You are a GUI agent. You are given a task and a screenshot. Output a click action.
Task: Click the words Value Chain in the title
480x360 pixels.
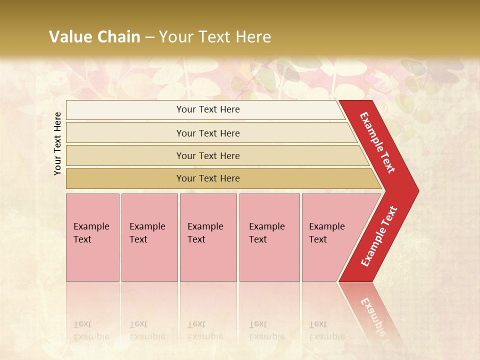[94, 37]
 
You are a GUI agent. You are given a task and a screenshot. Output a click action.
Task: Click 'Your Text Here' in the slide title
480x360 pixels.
[215, 37]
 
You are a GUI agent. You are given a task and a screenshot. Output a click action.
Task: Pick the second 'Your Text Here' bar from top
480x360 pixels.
[208, 133]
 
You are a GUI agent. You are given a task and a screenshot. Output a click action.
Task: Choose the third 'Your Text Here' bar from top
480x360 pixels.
[208, 155]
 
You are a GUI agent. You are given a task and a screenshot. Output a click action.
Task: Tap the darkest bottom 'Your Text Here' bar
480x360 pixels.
[208, 178]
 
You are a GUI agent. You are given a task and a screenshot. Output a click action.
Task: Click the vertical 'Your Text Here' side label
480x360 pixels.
[58, 143]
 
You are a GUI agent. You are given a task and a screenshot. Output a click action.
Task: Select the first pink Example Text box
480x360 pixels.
[92, 237]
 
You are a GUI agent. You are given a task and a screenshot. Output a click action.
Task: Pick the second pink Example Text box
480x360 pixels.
[149, 237]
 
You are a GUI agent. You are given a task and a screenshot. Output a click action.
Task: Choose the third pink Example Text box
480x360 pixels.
[208, 237]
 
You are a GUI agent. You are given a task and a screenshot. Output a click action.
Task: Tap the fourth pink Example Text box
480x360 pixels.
[269, 237]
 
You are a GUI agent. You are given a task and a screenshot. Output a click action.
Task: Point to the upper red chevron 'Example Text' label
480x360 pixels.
[378, 142]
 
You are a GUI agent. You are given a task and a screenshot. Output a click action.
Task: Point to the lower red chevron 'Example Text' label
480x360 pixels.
[379, 236]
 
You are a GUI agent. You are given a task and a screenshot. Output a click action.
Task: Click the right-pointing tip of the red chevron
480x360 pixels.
[416, 190]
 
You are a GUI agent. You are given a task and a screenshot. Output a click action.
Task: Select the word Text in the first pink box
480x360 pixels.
[82, 239]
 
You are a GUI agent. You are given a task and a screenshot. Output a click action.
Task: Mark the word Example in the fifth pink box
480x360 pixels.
[327, 226]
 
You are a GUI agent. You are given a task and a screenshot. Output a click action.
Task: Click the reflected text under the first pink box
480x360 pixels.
[91, 330]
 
